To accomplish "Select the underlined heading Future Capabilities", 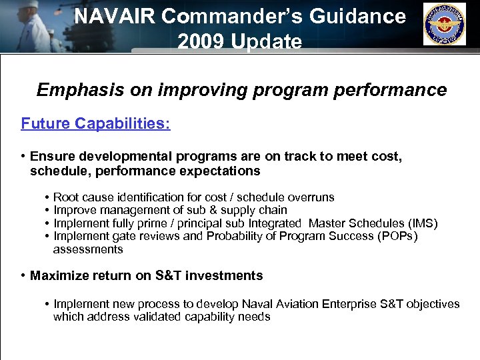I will [x=95, y=123].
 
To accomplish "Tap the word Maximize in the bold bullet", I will [x=60, y=275].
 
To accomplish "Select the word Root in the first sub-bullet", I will [x=66, y=197].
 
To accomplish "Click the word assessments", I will [x=88, y=249].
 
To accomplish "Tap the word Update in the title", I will [x=266, y=41].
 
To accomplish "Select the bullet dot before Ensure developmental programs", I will [x=23, y=156].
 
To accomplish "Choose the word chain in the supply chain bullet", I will [x=274, y=210].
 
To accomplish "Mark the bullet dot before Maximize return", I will [x=23, y=275].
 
